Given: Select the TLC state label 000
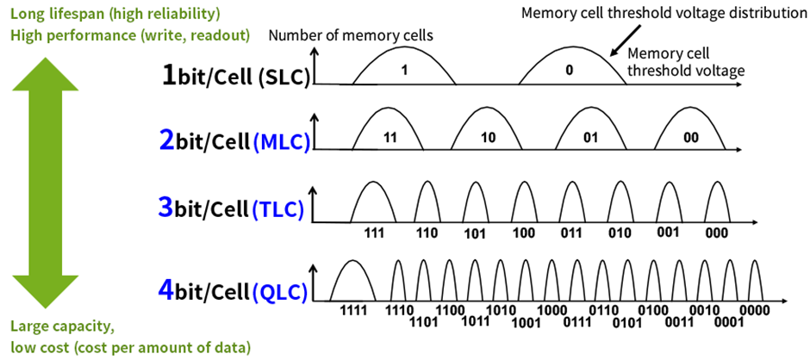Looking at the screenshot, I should pos(716,233).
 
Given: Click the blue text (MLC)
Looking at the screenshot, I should pos(282,143).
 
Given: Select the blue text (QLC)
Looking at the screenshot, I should pos(281,292).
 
